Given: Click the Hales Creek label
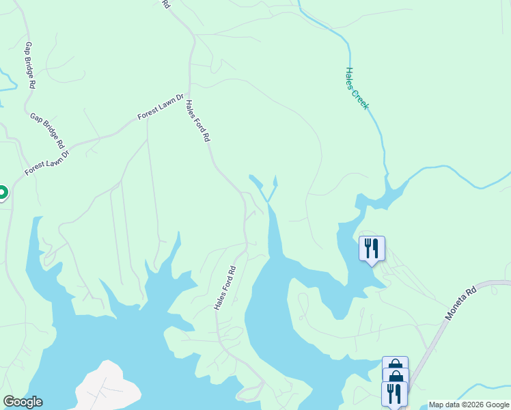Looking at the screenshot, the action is click(x=357, y=88).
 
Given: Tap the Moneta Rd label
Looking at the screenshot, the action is click(x=460, y=304).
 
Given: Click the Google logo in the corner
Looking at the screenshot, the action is click(x=23, y=402).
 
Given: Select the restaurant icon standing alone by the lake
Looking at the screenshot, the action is click(x=372, y=249).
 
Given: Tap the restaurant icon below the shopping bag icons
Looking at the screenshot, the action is click(x=394, y=394).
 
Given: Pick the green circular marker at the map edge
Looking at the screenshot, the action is click(x=1, y=193).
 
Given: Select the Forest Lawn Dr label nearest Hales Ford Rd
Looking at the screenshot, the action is click(x=161, y=107).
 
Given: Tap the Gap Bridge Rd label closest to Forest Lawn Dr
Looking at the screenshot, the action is click(x=47, y=131).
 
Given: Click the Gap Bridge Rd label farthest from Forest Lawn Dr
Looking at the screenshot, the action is click(x=29, y=66).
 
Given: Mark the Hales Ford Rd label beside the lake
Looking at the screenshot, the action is click(x=224, y=288).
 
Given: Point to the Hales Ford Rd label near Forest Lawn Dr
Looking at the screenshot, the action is click(x=197, y=121).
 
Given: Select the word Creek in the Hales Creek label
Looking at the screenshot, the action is click(x=360, y=97).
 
